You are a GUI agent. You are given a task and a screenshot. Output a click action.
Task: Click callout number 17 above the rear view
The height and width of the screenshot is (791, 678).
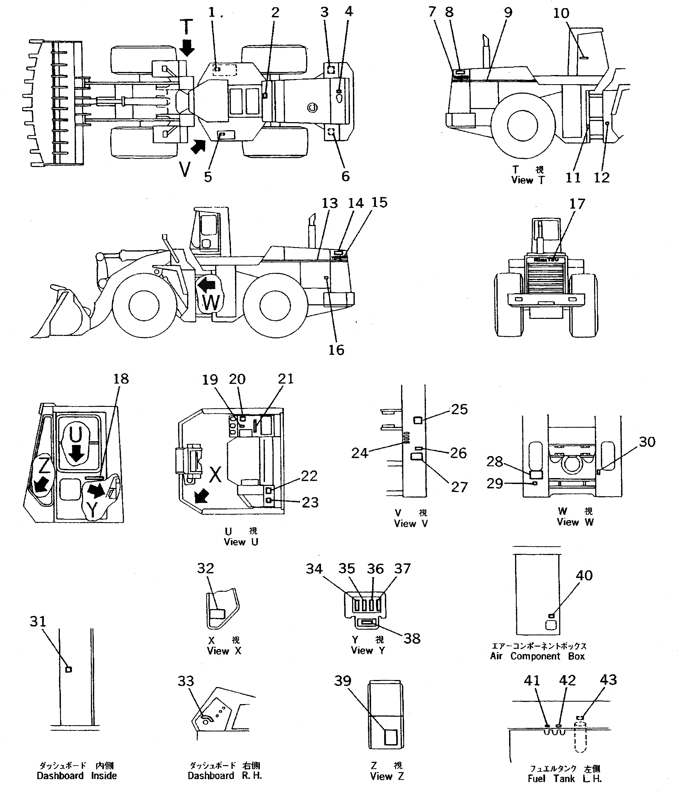pos(577,204)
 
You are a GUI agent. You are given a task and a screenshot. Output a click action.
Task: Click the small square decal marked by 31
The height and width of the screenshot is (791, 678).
pos(69,669)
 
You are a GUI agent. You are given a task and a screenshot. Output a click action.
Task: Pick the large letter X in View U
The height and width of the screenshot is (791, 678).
pos(215,475)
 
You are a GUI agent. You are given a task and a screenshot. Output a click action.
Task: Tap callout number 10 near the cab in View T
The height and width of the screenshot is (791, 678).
pos(561,13)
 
